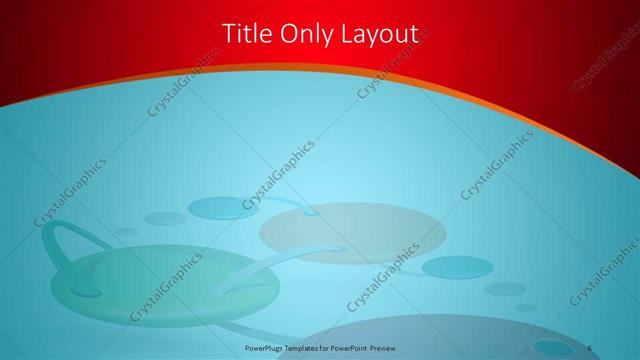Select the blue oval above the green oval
click(223, 208)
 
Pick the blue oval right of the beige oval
click(457, 267)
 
